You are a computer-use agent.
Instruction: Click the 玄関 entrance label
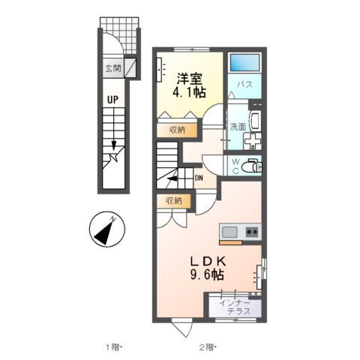112,68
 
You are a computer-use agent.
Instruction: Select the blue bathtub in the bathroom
244,62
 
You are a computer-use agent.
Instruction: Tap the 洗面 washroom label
238,127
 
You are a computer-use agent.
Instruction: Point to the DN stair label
199,178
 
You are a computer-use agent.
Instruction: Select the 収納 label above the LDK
173,200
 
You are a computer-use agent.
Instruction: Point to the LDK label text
206,260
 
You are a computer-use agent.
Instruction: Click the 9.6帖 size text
206,275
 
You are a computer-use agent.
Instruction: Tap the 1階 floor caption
112,346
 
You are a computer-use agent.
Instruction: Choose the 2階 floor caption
208,346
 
